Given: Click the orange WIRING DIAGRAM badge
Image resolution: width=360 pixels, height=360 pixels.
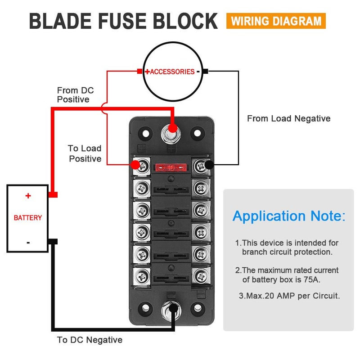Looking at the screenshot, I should pos(276,21).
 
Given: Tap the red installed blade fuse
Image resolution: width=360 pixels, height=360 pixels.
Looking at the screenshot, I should pos(170,168).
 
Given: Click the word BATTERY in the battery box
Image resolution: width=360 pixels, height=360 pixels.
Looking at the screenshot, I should pos(28,218).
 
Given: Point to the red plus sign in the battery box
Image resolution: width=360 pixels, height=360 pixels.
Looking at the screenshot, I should pos(28,196).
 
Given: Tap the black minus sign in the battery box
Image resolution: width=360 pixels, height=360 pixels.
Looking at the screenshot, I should pos(28,242).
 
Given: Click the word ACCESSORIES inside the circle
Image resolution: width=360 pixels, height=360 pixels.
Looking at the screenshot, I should pos(172,72).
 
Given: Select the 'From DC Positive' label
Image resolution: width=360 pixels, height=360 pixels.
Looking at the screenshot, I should pos(75,95).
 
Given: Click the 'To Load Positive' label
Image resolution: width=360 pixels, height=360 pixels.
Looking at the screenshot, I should pos(85,153).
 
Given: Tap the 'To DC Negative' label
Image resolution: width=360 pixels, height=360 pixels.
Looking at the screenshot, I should pos(90,340).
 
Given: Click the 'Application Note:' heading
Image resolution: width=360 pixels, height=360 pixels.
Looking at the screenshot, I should pos(289,216).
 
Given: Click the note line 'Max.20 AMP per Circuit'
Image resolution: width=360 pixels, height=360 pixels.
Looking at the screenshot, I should pos(289,296).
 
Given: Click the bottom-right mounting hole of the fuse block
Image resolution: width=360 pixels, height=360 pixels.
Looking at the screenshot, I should pos(197,308).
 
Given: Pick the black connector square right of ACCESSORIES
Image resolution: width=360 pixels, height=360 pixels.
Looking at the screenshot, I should pos(205,71).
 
